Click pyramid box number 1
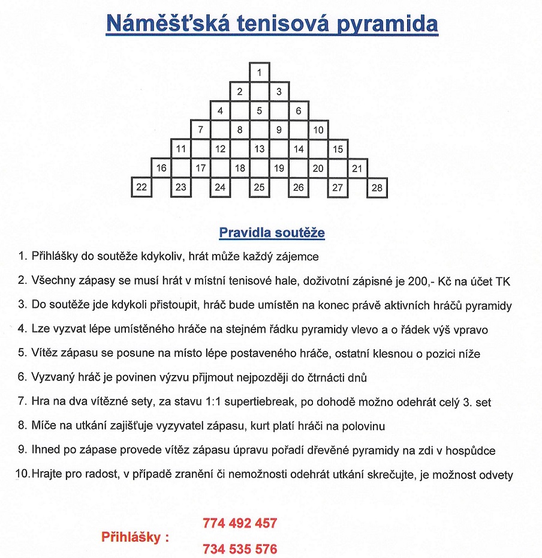click(x=259, y=73)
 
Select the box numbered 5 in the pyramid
click(x=259, y=110)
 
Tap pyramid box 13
click(x=259, y=149)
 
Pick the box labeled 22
click(x=141, y=187)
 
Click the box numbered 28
click(x=377, y=187)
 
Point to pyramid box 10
click(x=318, y=130)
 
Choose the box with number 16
click(x=161, y=168)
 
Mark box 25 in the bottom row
click(x=259, y=187)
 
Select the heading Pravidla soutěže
click(x=272, y=232)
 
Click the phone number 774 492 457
click(x=240, y=523)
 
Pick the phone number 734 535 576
click(x=240, y=548)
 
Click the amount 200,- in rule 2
click(x=429, y=281)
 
